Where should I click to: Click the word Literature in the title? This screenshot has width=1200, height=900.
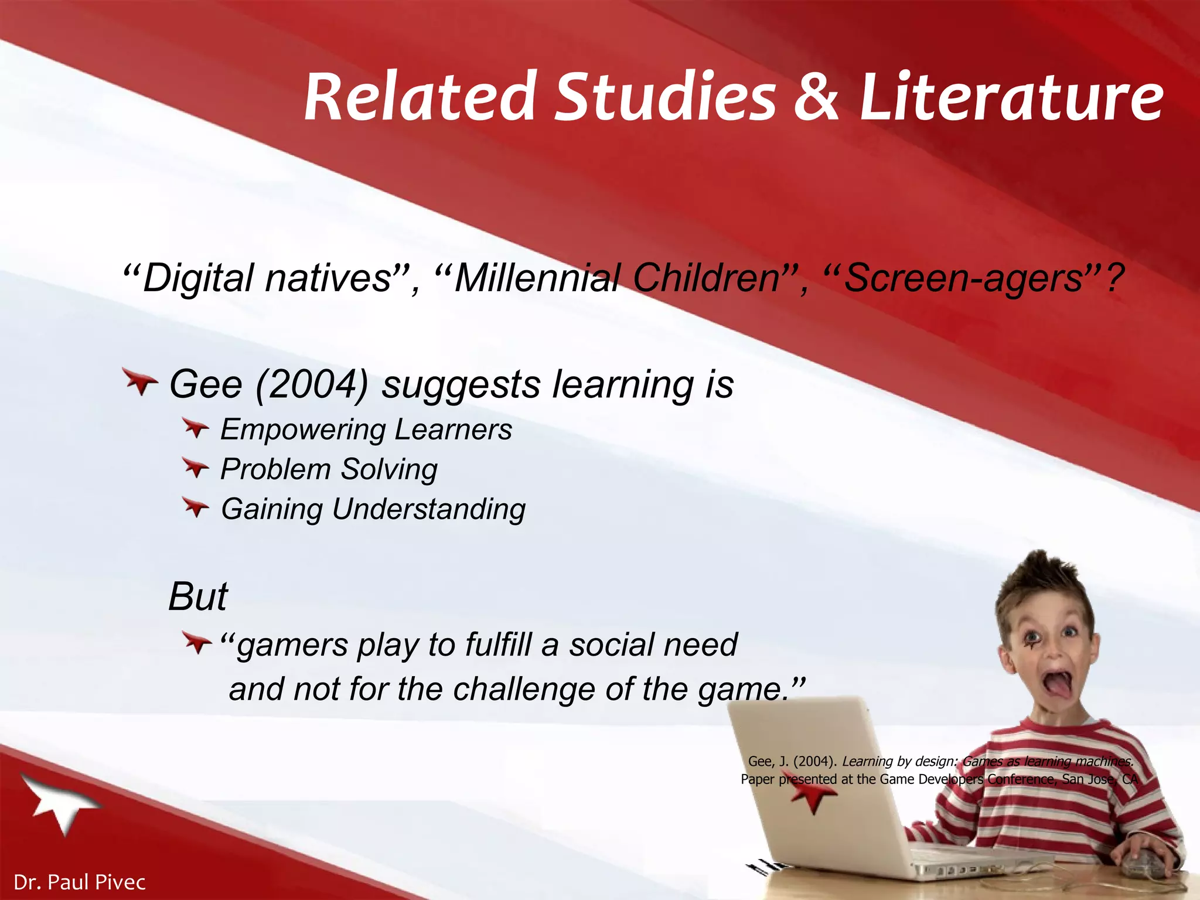(1011, 97)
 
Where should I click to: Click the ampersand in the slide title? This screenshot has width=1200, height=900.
(816, 97)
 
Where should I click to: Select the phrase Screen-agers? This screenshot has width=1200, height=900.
(964, 278)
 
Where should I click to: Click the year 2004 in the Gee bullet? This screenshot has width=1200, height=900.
(312, 385)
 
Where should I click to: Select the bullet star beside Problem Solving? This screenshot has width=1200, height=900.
(195, 468)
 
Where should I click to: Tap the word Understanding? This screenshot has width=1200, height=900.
(429, 509)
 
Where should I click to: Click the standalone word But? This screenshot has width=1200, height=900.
(198, 597)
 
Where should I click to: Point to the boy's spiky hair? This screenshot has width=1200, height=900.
(1040, 580)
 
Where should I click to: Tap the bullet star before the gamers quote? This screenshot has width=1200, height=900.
(196, 643)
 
